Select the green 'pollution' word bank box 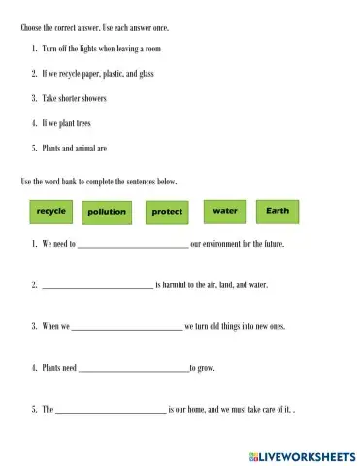point(107,212)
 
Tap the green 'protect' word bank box point(167,212)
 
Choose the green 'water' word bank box point(224,211)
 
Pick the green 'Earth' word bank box point(278,211)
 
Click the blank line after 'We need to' point(132,247)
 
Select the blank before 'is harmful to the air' point(97,288)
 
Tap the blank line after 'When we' point(127,329)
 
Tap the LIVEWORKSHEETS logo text point(307,454)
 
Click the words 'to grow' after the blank point(203,370)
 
